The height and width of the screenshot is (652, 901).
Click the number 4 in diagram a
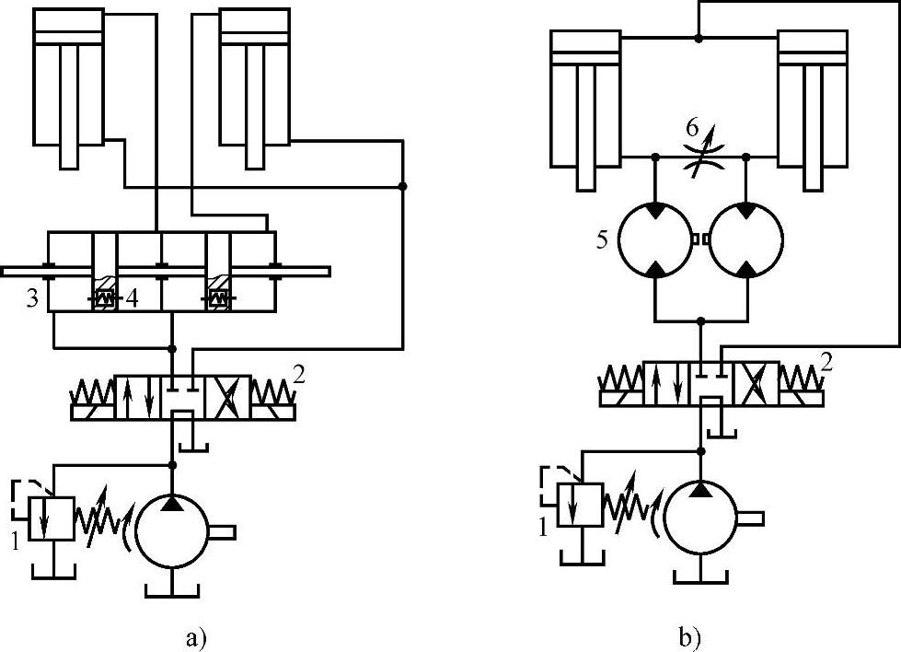[x=133, y=299]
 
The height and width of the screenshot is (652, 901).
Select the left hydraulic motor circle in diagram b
[x=653, y=239]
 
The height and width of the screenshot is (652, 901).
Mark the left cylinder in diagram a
[x=68, y=87]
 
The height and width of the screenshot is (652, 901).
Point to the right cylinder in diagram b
[x=813, y=101]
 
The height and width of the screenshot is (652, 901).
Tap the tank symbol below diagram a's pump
[x=171, y=586]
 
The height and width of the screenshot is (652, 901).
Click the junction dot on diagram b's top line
[x=699, y=38]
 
